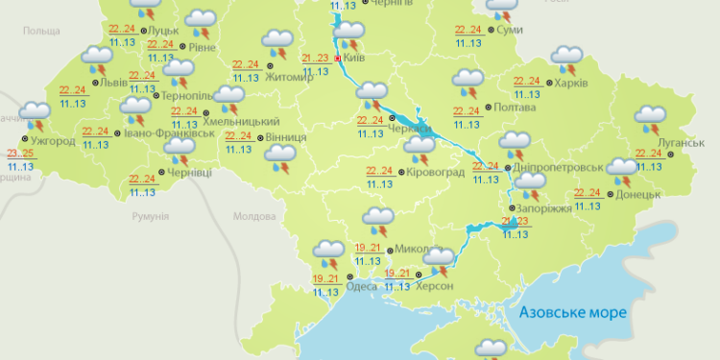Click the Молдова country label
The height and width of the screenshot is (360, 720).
254,217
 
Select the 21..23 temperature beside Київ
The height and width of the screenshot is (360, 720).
316,58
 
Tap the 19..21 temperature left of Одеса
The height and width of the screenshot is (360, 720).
325,278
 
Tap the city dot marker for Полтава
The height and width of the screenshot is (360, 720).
487,108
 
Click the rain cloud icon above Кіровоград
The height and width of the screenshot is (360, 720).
420,151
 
